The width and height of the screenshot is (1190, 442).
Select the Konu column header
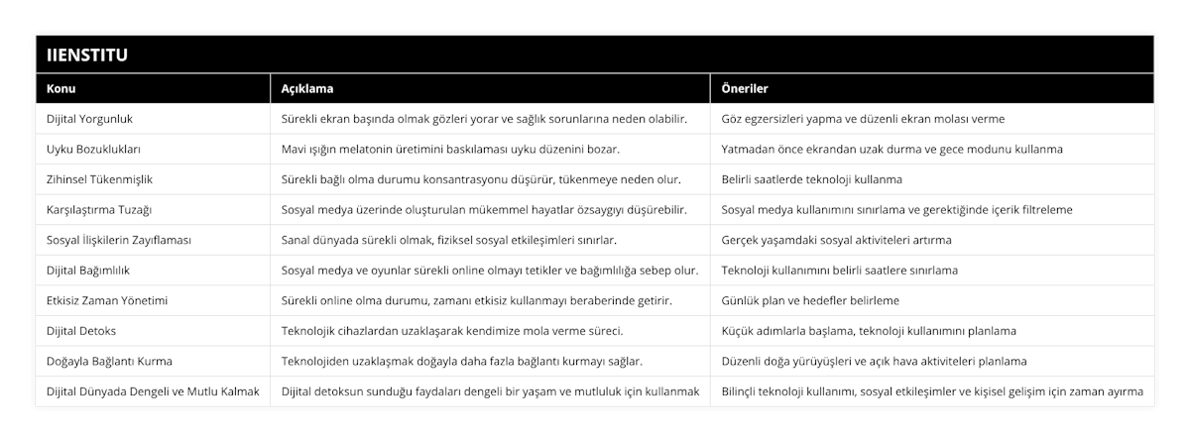point(61,88)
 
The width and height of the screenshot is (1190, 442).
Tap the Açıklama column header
point(305,88)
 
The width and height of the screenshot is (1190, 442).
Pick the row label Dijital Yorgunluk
point(90,119)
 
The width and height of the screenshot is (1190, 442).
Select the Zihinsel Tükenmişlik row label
point(99,179)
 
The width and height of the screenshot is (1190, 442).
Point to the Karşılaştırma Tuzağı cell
point(99,210)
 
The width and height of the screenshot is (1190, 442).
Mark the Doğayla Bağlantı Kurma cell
point(110,361)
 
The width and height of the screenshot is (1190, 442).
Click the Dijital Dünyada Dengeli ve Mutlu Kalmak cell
point(153,391)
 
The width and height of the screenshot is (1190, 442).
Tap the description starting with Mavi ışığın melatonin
point(451,150)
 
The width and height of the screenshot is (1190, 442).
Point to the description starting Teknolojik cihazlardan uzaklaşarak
point(452,331)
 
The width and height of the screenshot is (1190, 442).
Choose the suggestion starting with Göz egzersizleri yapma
point(863,119)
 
